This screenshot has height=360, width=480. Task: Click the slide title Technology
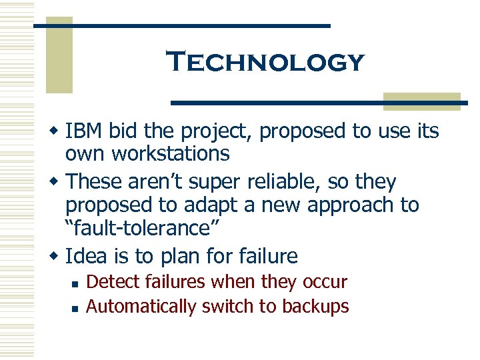pos(266,63)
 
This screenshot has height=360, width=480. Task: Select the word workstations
pos(171,154)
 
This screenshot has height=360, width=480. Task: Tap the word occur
pos(323,282)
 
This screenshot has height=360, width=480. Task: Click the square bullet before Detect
pos(77,283)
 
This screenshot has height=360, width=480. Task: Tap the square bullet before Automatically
pos(77,307)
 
